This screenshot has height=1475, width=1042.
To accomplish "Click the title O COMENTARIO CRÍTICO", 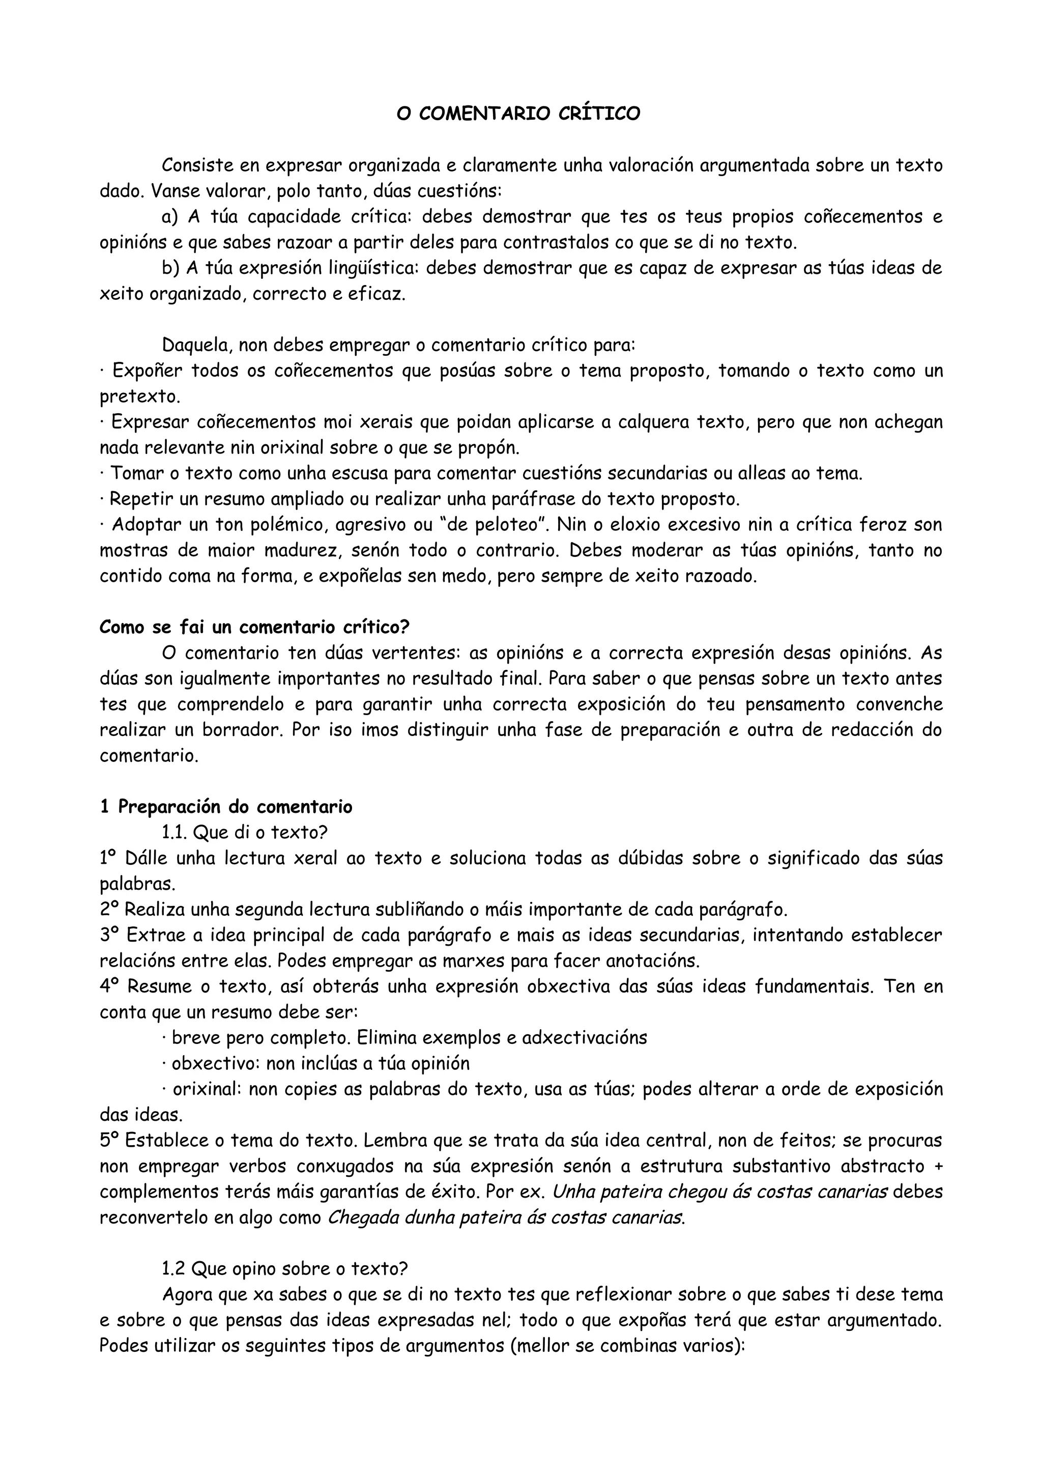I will [x=518, y=114].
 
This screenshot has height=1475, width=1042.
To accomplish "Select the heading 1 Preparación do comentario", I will [x=226, y=807].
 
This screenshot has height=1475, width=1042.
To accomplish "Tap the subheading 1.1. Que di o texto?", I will [x=245, y=833].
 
